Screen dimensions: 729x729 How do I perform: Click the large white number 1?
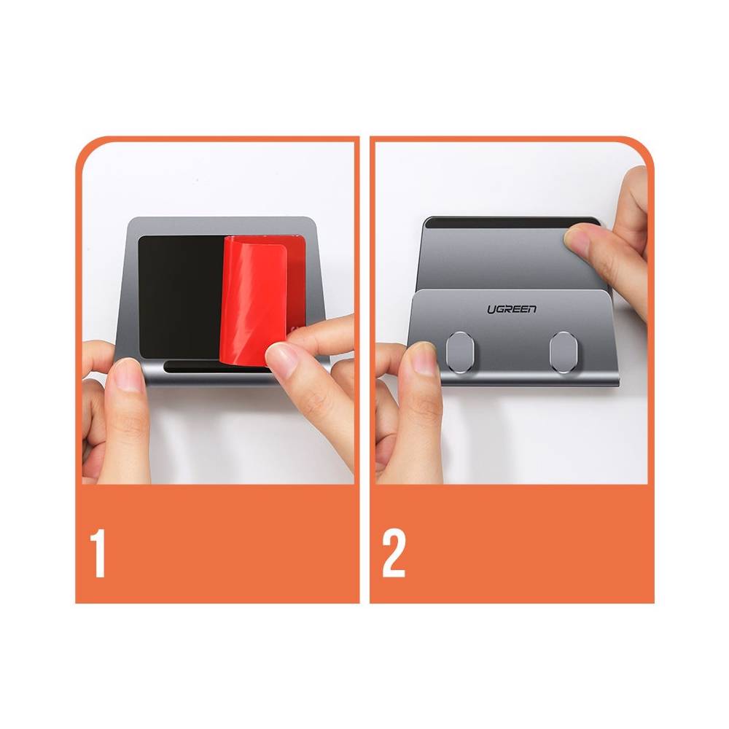tap(98, 553)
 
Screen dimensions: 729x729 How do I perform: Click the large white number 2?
tap(394, 553)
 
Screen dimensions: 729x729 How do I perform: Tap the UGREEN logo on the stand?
tap(512, 309)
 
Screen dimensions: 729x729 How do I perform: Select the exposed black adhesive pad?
tap(182, 297)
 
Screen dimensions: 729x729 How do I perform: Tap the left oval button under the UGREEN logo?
tap(458, 348)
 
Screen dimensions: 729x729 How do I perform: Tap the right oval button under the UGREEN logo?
tap(563, 348)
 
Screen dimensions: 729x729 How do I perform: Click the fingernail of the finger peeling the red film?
tap(281, 362)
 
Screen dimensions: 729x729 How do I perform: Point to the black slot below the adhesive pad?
tap(217, 367)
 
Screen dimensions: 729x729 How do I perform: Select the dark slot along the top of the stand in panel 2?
tap(512, 222)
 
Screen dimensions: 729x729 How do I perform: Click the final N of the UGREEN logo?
tap(531, 309)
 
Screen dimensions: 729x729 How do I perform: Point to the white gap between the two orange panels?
tap(364, 370)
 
